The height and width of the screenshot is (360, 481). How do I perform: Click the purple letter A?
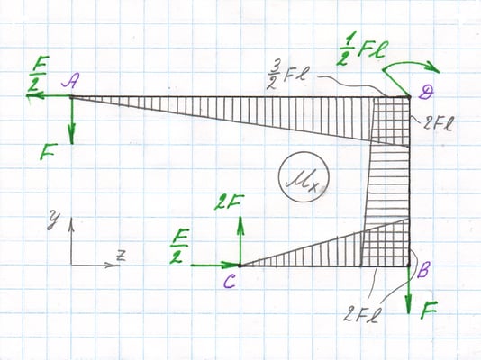pos(71,82)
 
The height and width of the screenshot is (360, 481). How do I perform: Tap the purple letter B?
pos(422,270)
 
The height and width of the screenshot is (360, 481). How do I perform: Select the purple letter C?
pos(230,282)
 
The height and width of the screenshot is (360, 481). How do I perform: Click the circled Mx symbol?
pos(304,177)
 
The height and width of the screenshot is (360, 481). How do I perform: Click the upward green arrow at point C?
pos(240,240)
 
